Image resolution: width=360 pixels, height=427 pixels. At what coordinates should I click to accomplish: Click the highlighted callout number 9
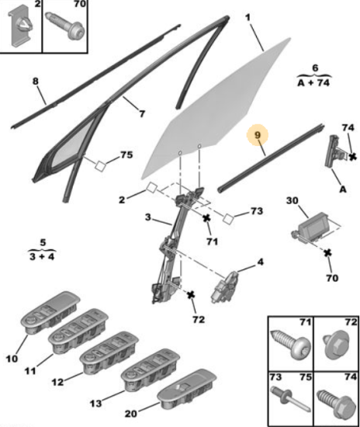[258, 135]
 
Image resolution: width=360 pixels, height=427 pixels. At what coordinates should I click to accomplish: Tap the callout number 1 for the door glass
[247, 18]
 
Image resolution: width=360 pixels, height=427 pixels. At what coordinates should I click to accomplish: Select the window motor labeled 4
[224, 287]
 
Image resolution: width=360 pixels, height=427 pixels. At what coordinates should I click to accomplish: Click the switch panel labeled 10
[50, 312]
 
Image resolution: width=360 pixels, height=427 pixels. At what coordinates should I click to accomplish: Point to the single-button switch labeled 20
[187, 389]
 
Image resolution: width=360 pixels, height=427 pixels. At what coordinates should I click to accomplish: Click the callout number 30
[292, 201]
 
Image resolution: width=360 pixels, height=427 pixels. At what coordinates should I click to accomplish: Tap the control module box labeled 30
[313, 227]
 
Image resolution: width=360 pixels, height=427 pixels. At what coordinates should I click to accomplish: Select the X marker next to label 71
[207, 218]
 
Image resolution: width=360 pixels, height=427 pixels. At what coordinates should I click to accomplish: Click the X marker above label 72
[191, 295]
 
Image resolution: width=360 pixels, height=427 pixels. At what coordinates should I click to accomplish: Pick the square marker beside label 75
[100, 166]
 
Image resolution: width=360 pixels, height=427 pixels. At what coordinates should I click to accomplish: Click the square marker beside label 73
[228, 219]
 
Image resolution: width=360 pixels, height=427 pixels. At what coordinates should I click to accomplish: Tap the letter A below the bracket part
[343, 189]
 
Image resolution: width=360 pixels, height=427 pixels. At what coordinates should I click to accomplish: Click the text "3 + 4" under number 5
[42, 256]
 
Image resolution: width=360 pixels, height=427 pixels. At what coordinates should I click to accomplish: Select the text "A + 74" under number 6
[313, 82]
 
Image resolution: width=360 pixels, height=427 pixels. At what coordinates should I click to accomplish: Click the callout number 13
[95, 403]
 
